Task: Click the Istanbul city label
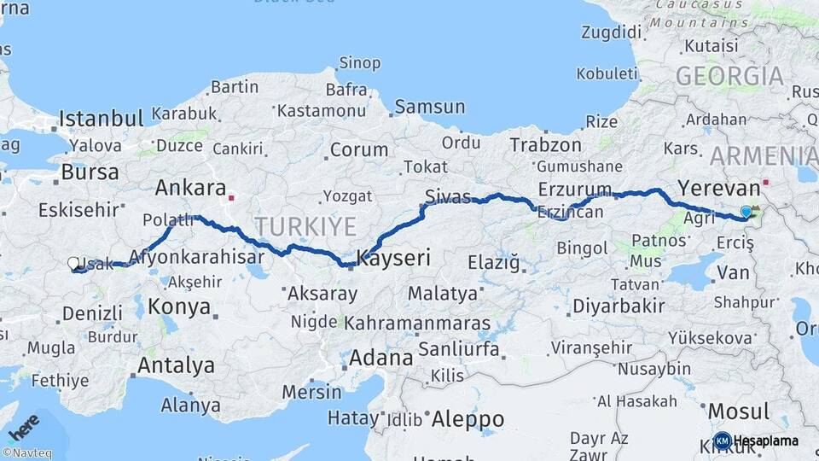101,118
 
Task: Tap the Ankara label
190,188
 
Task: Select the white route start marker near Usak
73,264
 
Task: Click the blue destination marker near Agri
746,212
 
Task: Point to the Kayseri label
394,257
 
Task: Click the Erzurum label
575,189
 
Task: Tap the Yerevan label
718,188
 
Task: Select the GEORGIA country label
729,76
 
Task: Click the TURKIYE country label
305,226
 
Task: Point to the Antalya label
176,365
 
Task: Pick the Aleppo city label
468,419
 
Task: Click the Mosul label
738,411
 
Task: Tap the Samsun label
429,108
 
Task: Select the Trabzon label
546,145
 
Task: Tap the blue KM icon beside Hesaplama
722,441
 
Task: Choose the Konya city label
179,306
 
